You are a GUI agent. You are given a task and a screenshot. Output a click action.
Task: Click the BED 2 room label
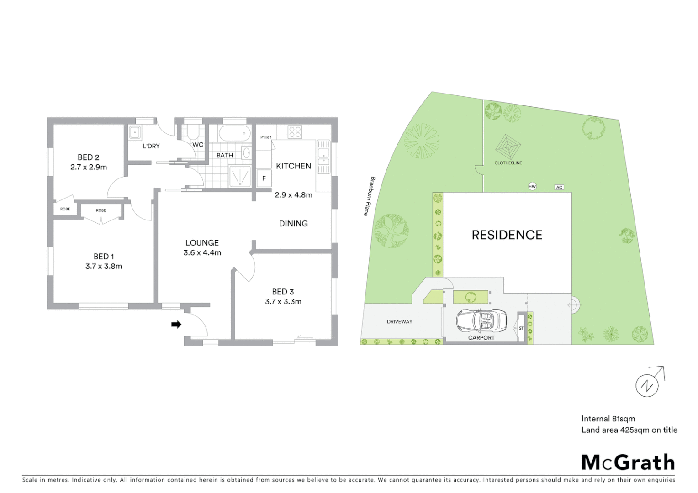[88, 157]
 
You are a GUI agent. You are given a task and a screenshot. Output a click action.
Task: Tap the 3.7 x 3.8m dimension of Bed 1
[104, 266]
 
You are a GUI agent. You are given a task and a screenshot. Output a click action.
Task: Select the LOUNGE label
[202, 243]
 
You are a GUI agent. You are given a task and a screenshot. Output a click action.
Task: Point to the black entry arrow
[176, 325]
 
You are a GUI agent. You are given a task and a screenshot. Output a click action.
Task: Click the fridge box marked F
[264, 178]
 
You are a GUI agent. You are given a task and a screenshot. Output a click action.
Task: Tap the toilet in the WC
[193, 132]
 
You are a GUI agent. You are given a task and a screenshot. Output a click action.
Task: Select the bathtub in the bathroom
[234, 134]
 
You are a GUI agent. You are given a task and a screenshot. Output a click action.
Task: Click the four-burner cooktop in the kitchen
[295, 132]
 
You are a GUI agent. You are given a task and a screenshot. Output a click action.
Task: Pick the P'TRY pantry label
[266, 137]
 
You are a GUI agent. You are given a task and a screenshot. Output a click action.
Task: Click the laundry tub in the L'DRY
[135, 132]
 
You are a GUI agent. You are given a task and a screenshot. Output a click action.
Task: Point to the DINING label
[293, 223]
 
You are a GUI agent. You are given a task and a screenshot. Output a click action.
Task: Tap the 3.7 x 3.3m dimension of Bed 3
[283, 301]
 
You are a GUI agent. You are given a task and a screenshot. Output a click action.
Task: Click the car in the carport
[481, 320]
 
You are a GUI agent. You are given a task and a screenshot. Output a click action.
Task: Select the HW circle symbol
[532, 186]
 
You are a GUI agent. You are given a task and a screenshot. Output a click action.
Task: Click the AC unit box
[559, 187]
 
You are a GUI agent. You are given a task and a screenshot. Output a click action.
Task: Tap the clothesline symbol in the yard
[508, 147]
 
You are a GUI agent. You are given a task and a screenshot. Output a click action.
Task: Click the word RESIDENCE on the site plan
[507, 235]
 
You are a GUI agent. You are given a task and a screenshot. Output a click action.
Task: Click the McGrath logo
[628, 462]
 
